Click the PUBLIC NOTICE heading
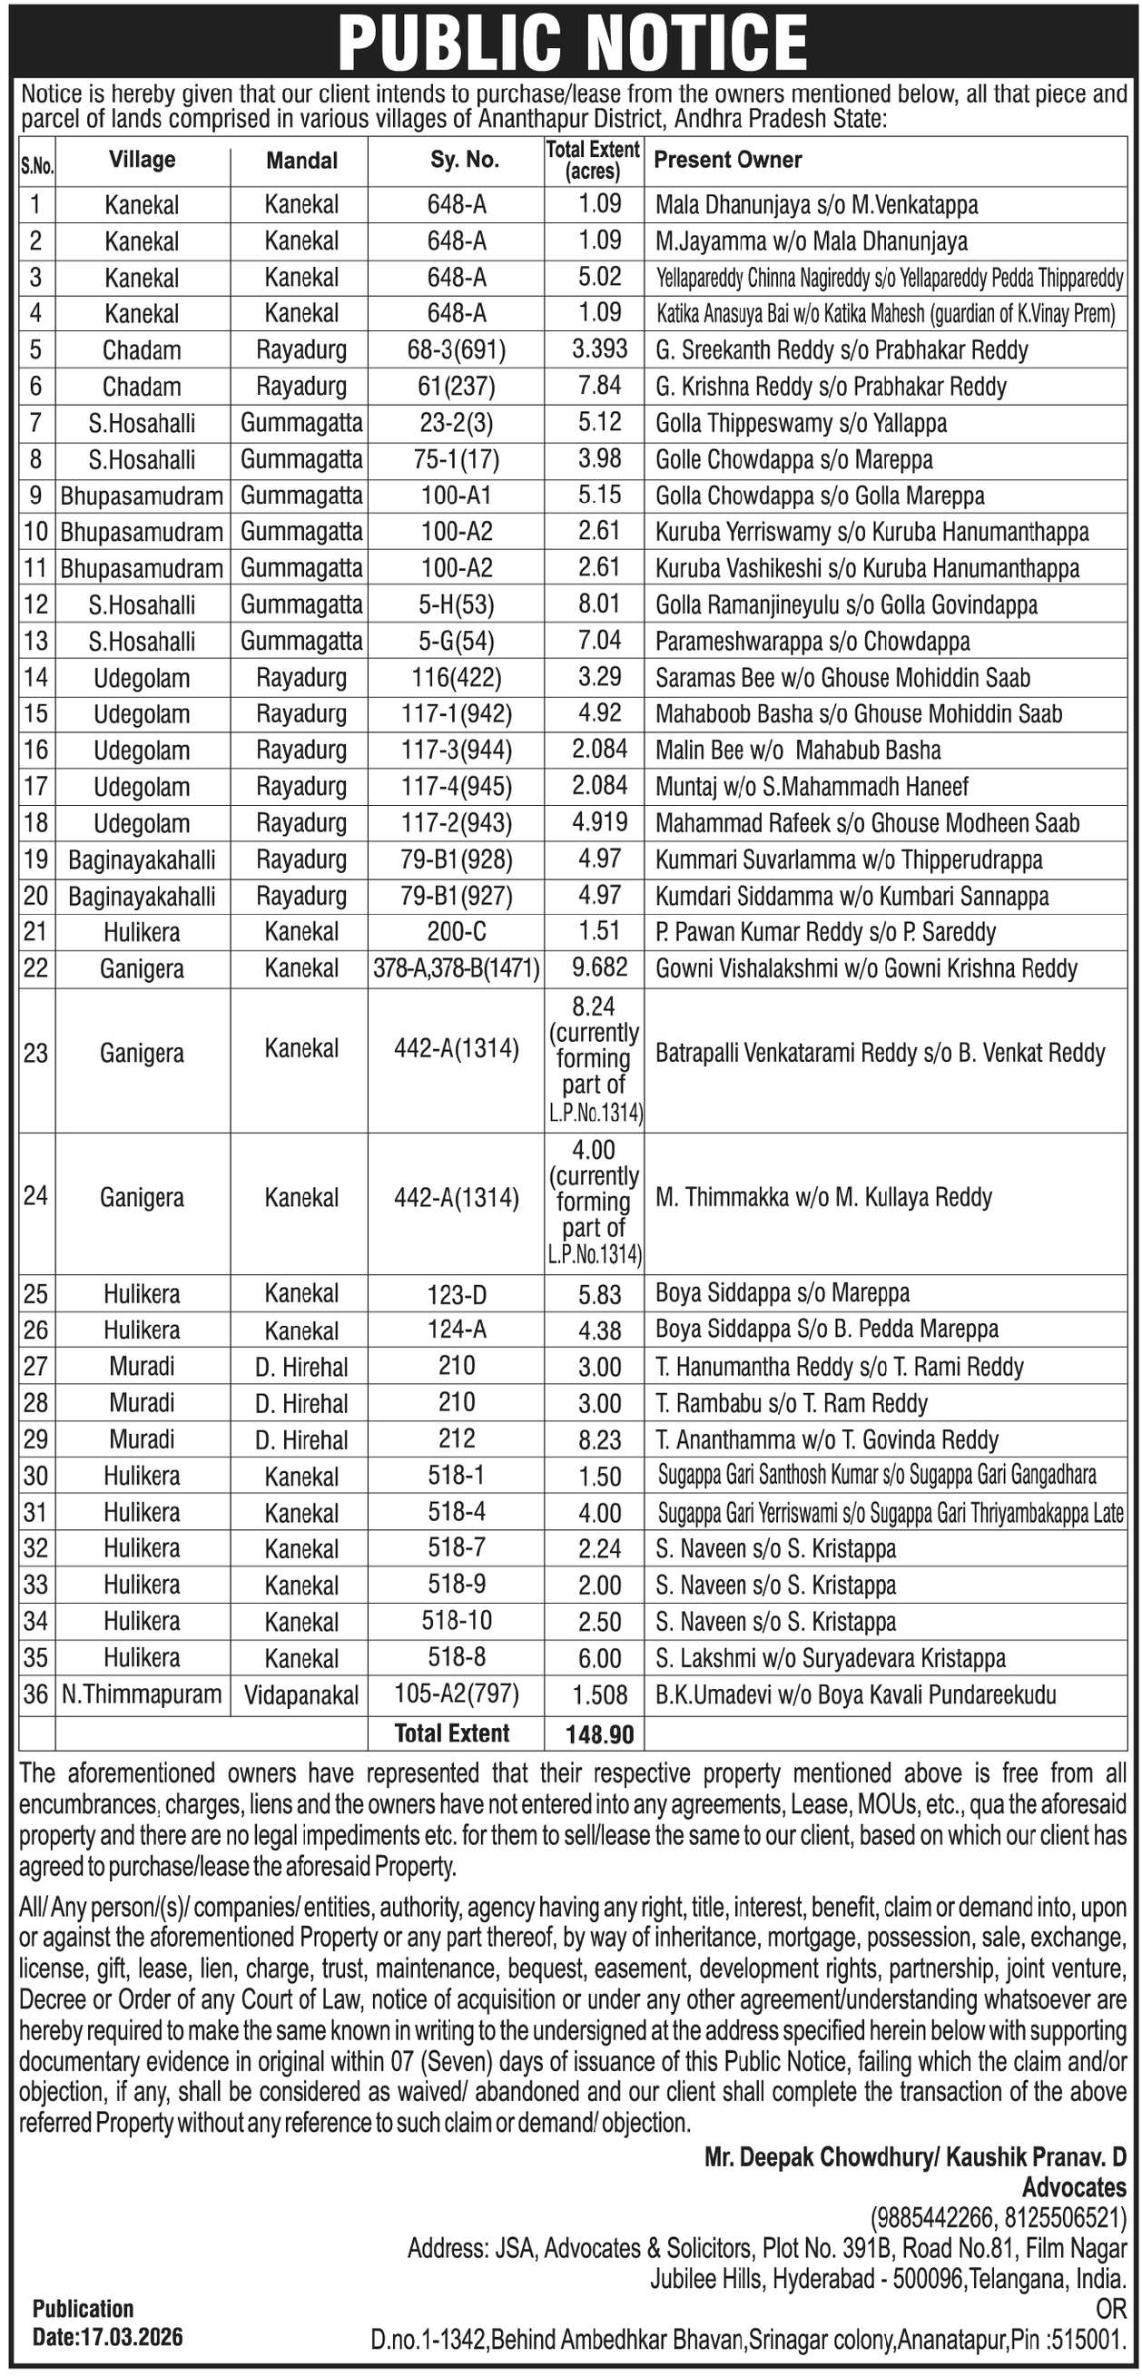point(572,42)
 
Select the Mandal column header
point(301,161)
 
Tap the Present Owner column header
point(727,160)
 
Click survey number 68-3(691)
point(457,350)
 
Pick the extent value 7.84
point(600,386)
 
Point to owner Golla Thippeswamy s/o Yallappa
point(801,423)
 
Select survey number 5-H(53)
point(457,605)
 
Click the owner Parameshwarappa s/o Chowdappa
point(812,641)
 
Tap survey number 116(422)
point(457,678)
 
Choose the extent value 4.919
point(600,822)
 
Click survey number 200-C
point(457,931)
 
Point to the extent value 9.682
point(600,967)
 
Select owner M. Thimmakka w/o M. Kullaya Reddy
point(822,1197)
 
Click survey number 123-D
point(457,1294)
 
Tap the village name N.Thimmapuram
point(142,1694)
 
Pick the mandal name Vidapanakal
point(301,1695)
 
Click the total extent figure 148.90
point(600,1734)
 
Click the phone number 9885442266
point(932,2216)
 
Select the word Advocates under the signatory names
point(1074,2187)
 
